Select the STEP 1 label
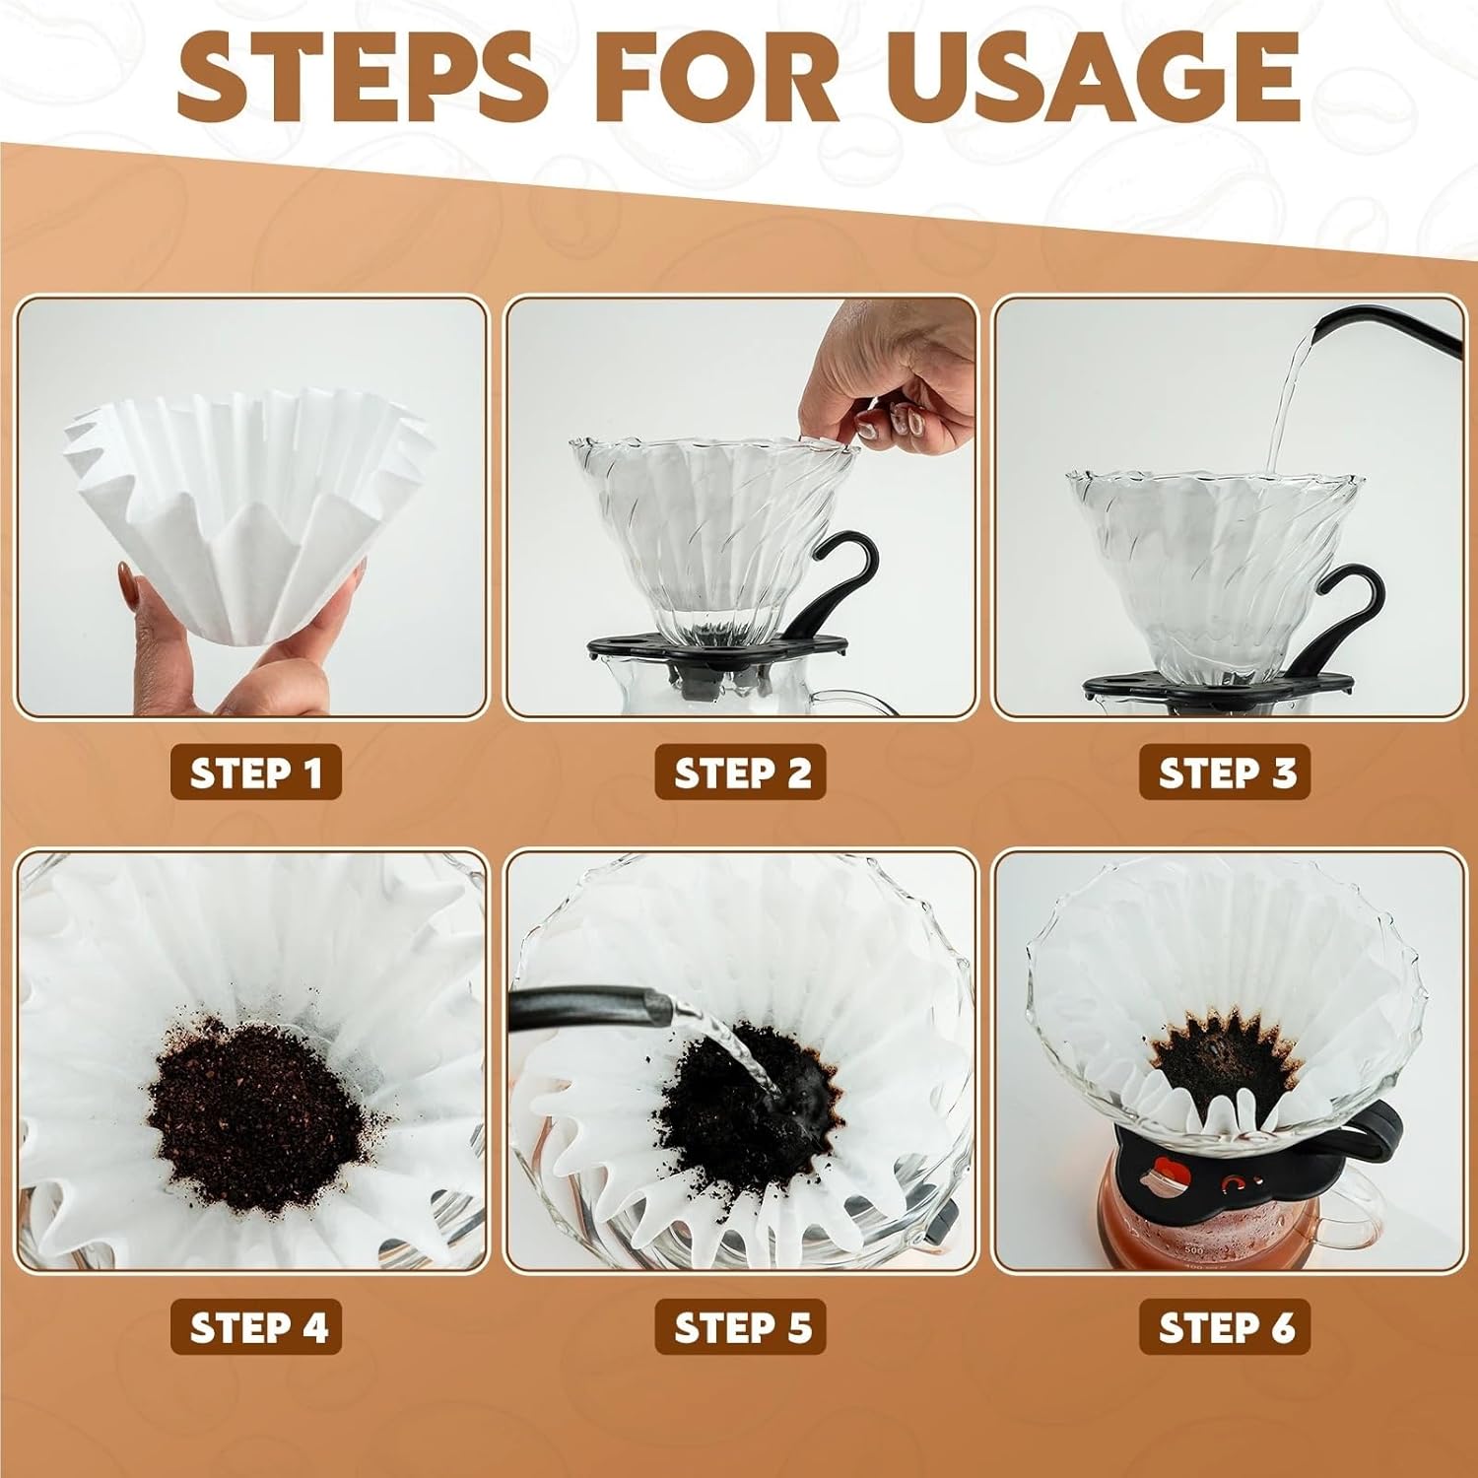[x=256, y=773]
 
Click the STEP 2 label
[x=741, y=773]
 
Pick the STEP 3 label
[x=1226, y=773]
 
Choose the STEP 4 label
[x=256, y=1327]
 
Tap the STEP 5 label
[x=741, y=1327]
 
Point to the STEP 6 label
[x=1226, y=1327]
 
